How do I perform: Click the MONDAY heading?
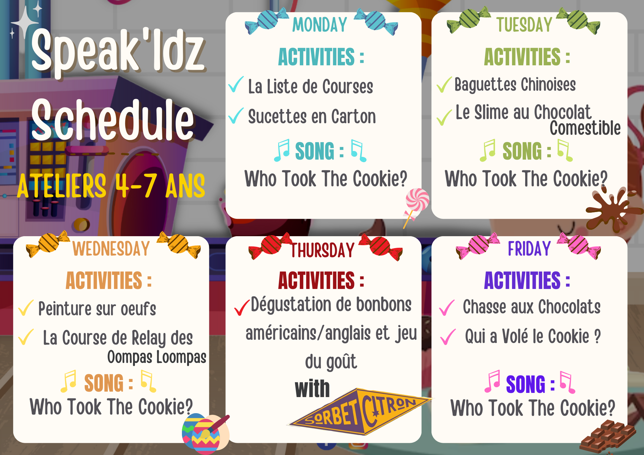[320, 25]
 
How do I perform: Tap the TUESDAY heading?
[525, 25]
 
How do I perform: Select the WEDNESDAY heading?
[111, 248]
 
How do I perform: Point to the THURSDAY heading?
[323, 250]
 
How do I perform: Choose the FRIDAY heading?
[529, 248]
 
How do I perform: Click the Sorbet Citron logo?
[360, 412]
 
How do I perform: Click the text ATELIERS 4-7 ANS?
[111, 186]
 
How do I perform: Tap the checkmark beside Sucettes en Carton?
[236, 116]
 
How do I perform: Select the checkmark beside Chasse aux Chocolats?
[447, 307]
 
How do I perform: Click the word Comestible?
[585, 128]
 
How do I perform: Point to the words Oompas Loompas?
[157, 357]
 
